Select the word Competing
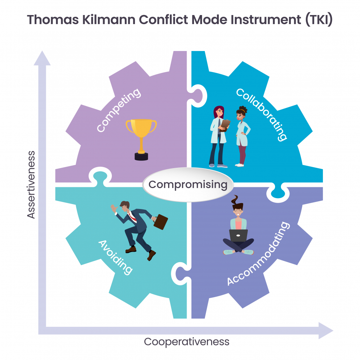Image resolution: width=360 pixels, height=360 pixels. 119,110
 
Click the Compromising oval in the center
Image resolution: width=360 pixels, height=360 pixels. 188,185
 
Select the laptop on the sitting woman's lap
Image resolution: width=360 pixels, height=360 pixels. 238,236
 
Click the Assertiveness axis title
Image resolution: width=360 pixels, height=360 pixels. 31,184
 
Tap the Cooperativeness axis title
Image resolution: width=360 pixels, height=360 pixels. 187,341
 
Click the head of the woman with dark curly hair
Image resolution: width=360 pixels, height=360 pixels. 242,114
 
